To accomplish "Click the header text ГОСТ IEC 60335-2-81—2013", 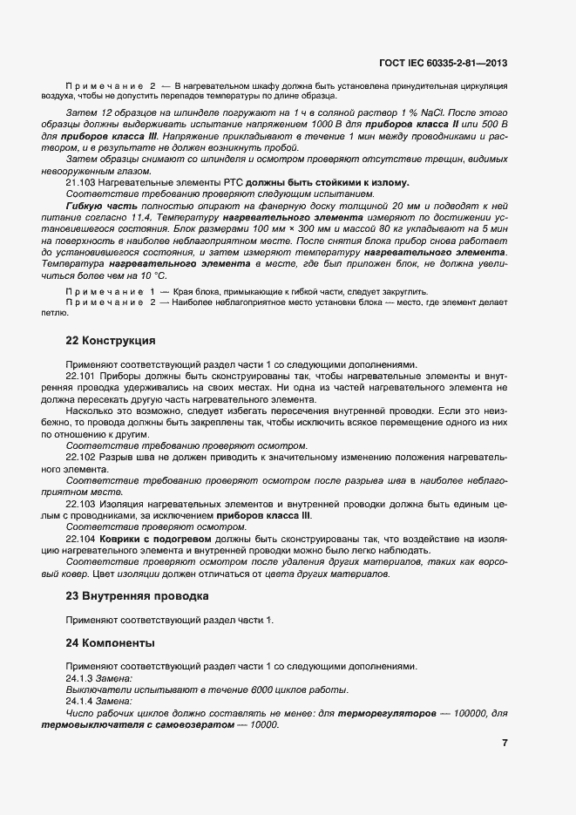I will pyautogui.click(x=444, y=63).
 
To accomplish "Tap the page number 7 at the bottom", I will pyautogui.click(x=505, y=743).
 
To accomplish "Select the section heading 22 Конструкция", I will pyautogui.click(x=112, y=340).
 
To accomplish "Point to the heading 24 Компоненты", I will pyautogui.click(x=111, y=642).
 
